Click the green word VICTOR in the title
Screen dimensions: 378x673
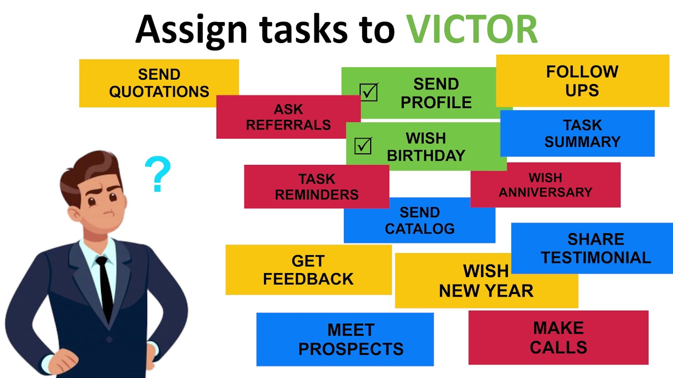472,29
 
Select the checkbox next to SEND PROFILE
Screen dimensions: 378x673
369,92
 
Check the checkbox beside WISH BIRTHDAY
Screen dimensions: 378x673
363,146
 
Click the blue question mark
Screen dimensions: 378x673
157,174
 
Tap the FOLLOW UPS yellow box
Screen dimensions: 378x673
582,81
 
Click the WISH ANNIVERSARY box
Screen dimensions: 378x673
545,185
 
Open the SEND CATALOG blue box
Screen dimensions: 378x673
419,220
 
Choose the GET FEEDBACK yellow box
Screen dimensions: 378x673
308,270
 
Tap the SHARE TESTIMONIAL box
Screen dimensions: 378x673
596,248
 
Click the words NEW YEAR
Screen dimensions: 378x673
486,291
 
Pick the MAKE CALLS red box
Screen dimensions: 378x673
558,338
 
